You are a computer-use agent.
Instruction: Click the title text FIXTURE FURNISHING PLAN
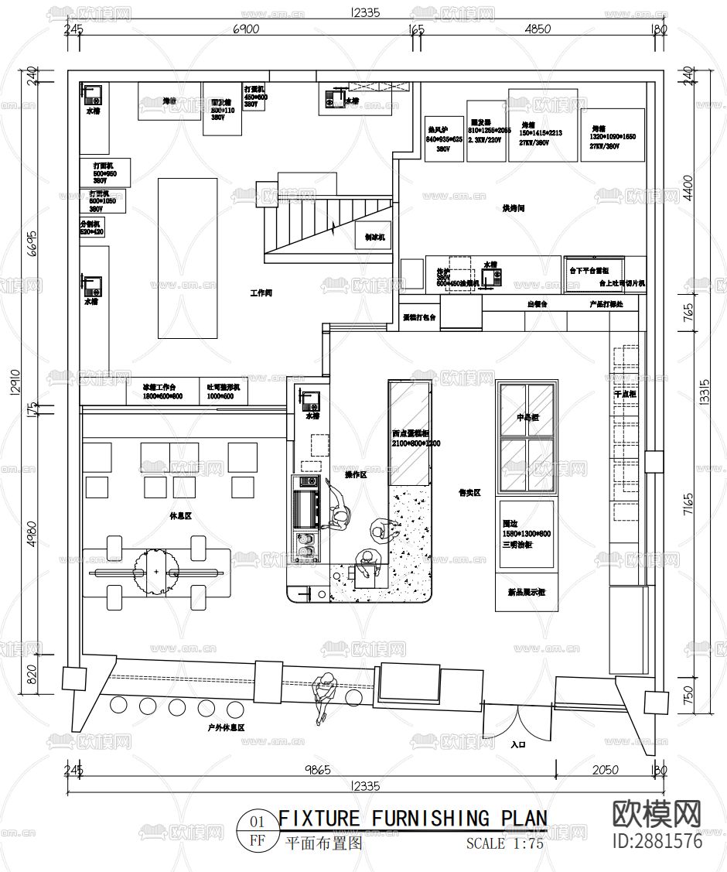[412, 818]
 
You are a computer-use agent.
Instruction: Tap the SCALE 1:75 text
[504, 844]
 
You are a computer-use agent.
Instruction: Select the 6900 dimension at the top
[245, 29]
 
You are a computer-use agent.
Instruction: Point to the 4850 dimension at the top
[538, 29]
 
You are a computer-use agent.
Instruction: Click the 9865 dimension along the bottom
[312, 771]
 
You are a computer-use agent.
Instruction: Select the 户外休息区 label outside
[226, 727]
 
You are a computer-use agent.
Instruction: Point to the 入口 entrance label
[517, 745]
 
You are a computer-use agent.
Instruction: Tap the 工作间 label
[261, 293]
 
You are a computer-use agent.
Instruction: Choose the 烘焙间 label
[514, 209]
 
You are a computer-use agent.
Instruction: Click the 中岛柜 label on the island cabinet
[527, 418]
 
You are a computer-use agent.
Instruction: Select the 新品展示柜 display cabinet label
[526, 593]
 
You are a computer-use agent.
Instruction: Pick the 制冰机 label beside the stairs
[375, 238]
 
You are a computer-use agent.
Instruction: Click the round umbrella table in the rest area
[155, 572]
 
